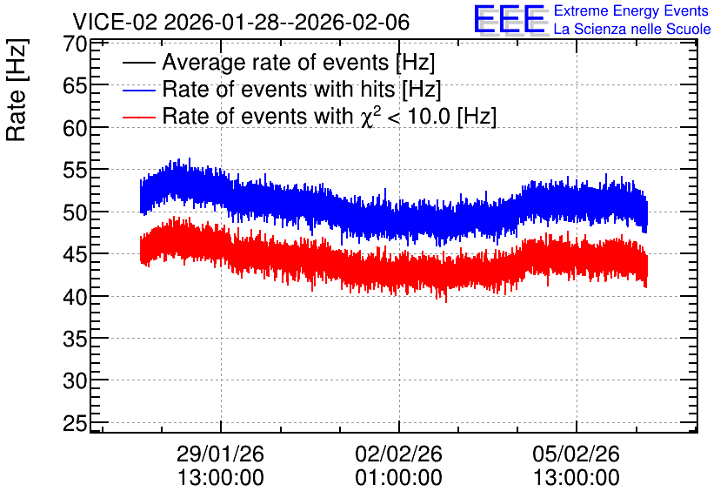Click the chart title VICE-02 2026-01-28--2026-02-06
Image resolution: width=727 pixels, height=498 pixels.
(241, 22)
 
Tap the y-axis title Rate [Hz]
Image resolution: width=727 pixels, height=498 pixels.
(17, 90)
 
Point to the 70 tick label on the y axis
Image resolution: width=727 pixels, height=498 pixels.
(75, 44)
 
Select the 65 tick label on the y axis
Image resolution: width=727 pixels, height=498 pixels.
(75, 86)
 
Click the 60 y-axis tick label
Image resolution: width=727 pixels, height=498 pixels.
(75, 128)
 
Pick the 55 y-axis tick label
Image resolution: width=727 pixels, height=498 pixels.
(75, 171)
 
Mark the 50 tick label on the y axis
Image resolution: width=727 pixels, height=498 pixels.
(75, 212)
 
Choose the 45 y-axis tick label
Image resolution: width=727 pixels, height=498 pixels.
(75, 254)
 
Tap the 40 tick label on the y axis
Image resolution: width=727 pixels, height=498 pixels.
(75, 297)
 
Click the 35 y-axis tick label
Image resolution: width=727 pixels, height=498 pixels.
(75, 340)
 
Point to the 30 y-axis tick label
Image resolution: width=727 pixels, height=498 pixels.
(75, 381)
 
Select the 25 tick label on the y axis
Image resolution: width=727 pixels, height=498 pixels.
(75, 423)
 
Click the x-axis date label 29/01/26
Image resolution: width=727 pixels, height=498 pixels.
(220, 454)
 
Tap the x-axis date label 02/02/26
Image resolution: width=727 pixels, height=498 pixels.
(399, 454)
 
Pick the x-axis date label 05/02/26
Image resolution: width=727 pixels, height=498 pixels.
(576, 454)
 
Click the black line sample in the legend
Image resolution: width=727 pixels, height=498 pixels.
(139, 63)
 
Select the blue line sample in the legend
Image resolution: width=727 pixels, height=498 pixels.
(139, 90)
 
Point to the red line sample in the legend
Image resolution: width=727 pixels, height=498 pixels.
(139, 117)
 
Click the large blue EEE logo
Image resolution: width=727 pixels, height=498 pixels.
(510, 19)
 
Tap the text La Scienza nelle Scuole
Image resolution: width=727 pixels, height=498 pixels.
(632, 29)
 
